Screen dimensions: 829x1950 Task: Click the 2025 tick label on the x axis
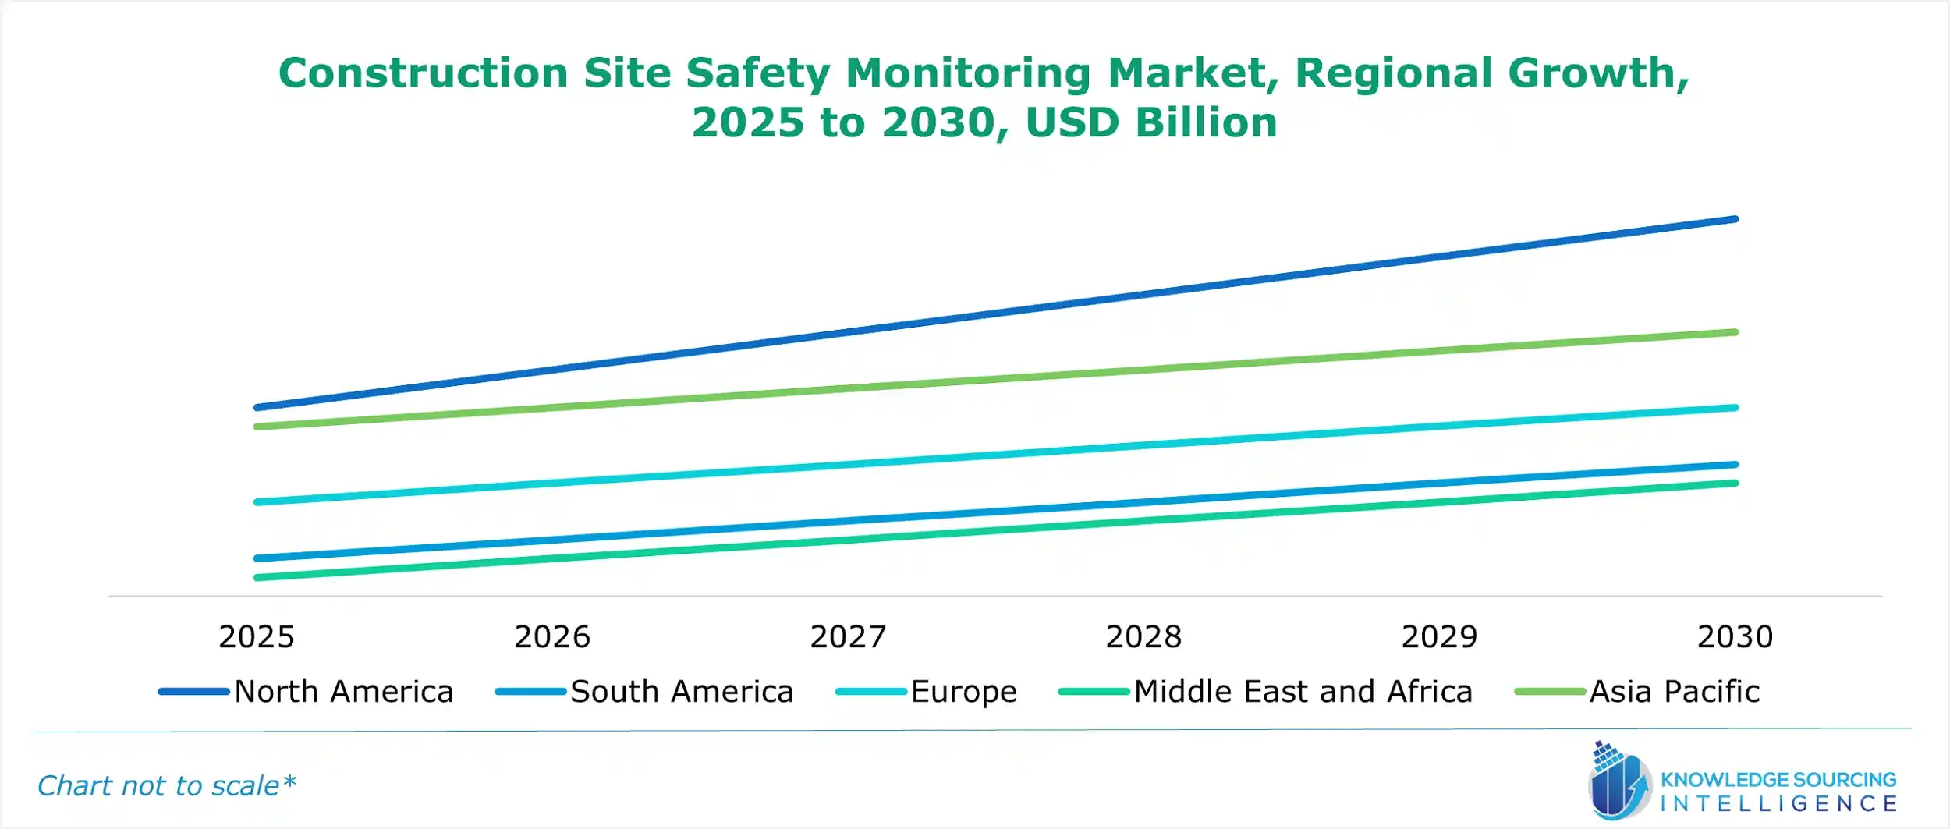257,637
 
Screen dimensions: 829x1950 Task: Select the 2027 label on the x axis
848,637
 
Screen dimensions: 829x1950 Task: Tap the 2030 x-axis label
1735,637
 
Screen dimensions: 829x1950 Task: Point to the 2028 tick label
1143,637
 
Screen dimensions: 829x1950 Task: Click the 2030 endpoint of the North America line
1735,220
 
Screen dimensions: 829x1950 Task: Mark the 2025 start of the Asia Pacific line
257,427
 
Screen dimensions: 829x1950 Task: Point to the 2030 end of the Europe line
1735,408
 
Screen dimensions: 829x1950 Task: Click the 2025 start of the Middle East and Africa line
257,578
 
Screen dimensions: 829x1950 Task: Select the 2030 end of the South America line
1735,465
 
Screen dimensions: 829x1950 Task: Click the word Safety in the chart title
757,74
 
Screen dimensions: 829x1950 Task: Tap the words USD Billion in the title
1151,123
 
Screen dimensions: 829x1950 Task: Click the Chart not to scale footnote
167,785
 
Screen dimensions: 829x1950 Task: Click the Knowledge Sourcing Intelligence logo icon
1619,782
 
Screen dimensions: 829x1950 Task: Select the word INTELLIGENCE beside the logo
1778,803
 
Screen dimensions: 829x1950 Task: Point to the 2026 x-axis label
552,637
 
